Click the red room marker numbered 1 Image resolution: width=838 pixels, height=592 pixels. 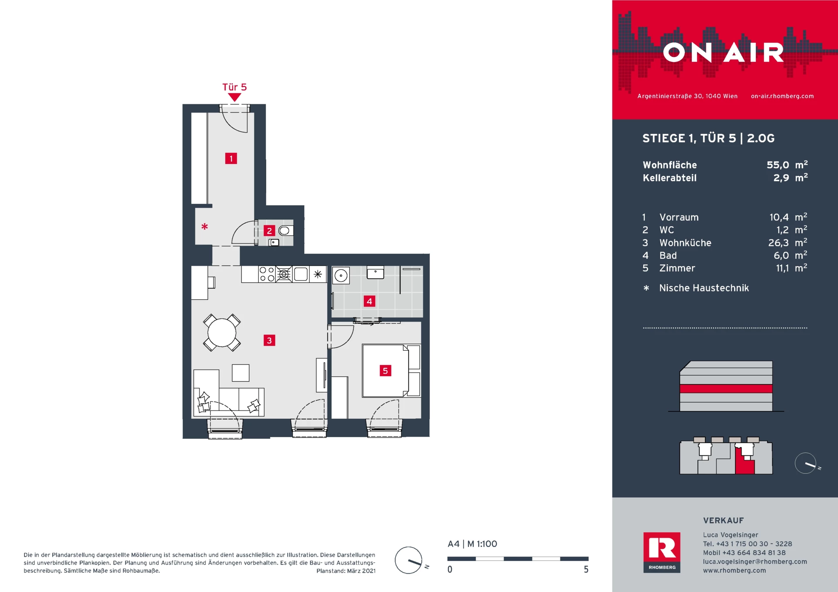pyautogui.click(x=231, y=158)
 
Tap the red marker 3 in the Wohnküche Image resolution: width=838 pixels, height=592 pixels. pyautogui.click(x=269, y=340)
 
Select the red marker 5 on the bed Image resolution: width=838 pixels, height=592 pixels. pyautogui.click(x=385, y=371)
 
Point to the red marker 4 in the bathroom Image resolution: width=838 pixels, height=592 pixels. pyautogui.click(x=369, y=301)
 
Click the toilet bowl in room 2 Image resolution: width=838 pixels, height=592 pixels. pyautogui.click(x=285, y=230)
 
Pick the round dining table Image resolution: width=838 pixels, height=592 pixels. pyautogui.click(x=222, y=332)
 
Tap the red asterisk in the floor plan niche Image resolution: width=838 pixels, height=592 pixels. pyautogui.click(x=204, y=226)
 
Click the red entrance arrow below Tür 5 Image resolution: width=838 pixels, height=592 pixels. pyautogui.click(x=234, y=98)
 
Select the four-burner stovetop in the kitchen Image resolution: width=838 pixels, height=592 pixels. pyautogui.click(x=267, y=274)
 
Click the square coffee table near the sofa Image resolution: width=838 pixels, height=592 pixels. pyautogui.click(x=240, y=373)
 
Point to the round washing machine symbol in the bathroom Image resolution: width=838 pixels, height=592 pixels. pyautogui.click(x=341, y=276)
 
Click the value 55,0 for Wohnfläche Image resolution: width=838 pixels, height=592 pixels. pyautogui.click(x=778, y=165)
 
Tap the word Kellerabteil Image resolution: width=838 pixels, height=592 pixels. pyautogui.click(x=670, y=178)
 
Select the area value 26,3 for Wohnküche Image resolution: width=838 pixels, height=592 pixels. pyautogui.click(x=778, y=243)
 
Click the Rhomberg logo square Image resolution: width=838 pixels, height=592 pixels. pyautogui.click(x=662, y=552)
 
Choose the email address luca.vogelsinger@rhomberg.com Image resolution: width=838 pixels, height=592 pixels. pyautogui.click(x=755, y=561)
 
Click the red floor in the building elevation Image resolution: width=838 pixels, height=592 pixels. pyautogui.click(x=726, y=389)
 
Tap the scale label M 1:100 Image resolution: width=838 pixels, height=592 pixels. pyautogui.click(x=482, y=544)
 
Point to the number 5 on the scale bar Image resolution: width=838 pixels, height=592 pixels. pyautogui.click(x=586, y=569)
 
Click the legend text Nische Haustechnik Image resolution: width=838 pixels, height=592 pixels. pyautogui.click(x=704, y=288)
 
